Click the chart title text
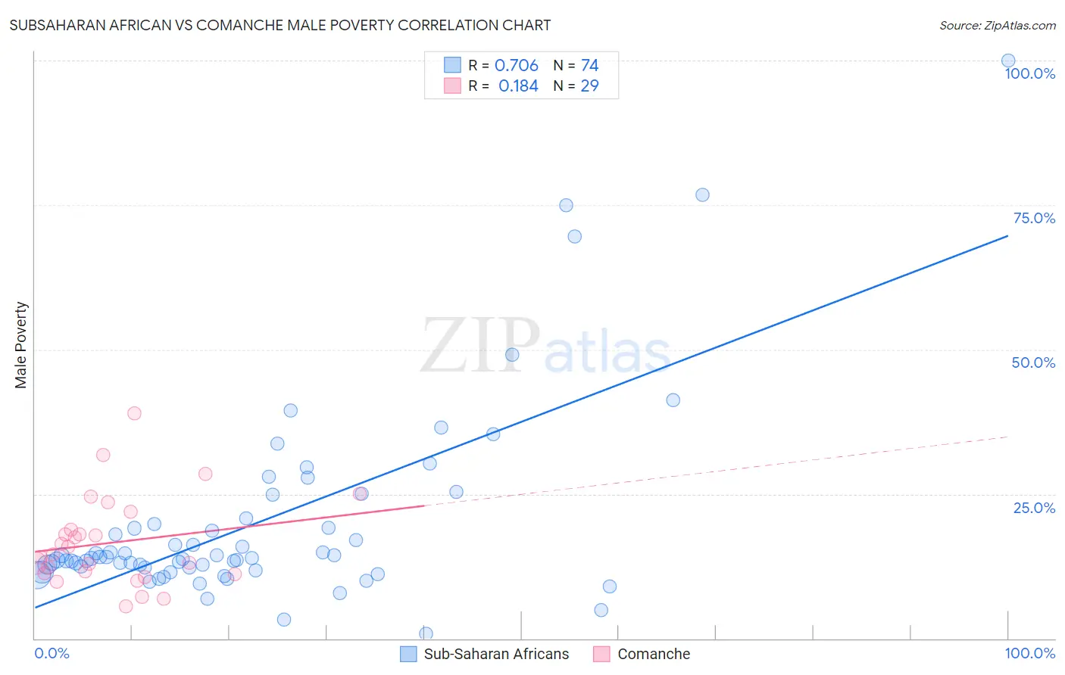(280, 25)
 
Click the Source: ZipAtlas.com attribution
(997, 25)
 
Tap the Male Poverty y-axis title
(21, 345)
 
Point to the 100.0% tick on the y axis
(1029, 73)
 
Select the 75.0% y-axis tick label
(1034, 218)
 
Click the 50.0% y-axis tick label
(1033, 362)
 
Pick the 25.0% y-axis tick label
(1034, 507)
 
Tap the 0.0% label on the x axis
(52, 653)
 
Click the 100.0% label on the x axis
(1029, 653)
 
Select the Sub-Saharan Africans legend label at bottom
(496, 654)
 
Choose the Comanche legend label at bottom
(654, 654)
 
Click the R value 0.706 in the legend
(516, 66)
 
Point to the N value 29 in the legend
(589, 86)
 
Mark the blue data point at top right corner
(1008, 61)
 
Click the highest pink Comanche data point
(134, 413)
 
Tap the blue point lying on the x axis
(426, 633)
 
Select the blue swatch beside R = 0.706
(452, 65)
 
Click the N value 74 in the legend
(589, 66)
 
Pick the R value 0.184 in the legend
(518, 86)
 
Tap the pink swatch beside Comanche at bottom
(601, 654)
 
